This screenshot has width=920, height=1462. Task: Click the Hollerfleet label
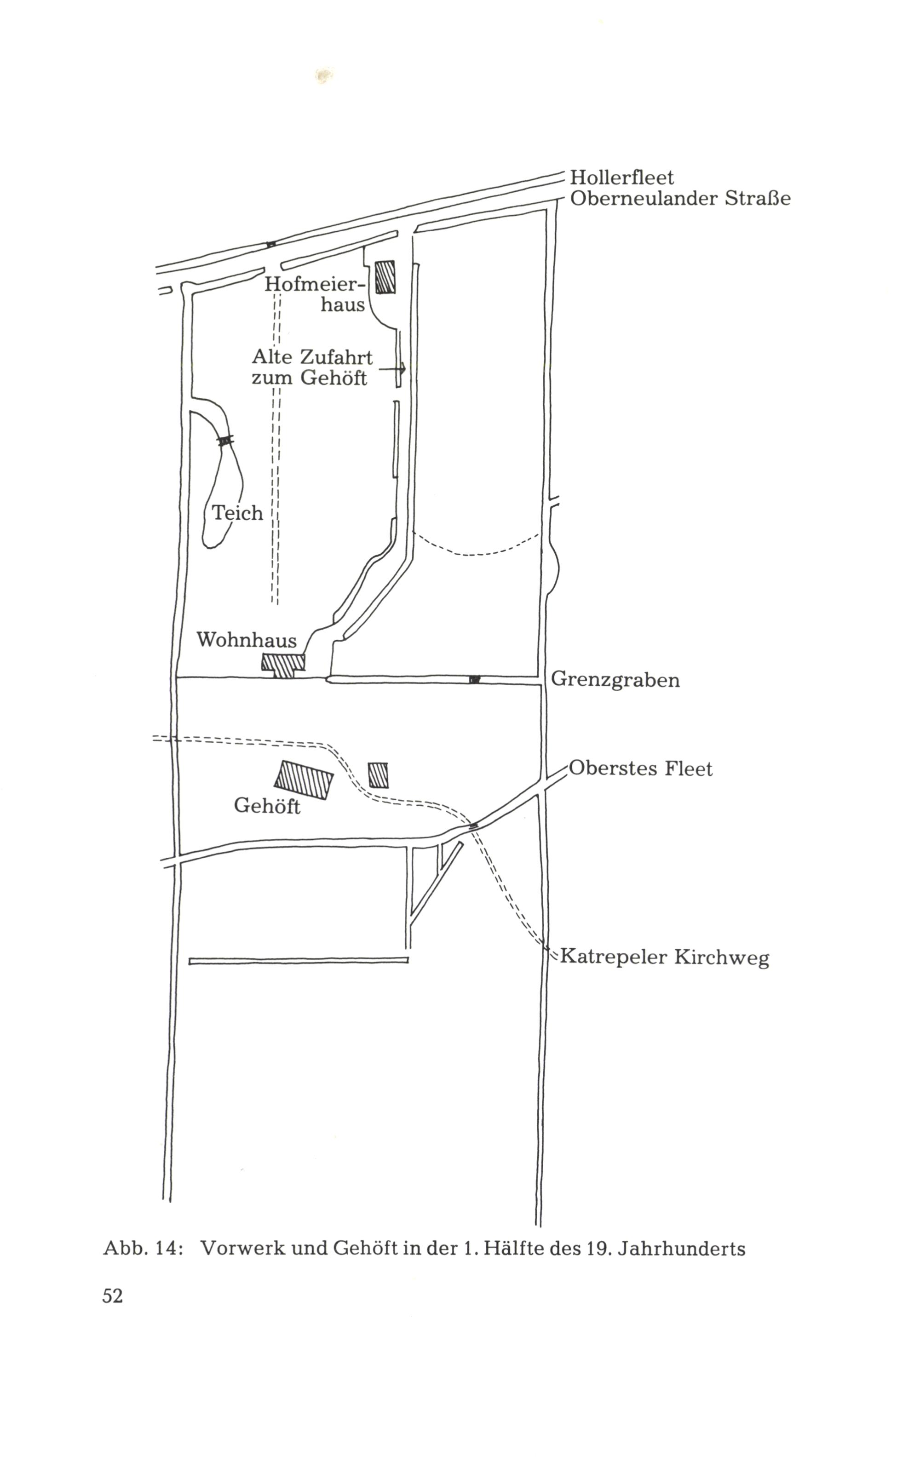(621, 177)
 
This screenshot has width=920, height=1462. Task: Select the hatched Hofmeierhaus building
(385, 277)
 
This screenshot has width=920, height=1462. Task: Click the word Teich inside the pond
(237, 513)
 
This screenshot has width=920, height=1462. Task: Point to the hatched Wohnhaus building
(283, 665)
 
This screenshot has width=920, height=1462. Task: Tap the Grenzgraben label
(615, 680)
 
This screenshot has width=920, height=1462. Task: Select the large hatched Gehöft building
(304, 780)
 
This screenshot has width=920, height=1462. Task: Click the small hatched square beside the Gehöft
(378, 775)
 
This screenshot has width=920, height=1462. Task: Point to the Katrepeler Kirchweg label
(664, 957)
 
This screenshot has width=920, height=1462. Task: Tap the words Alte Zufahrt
(312, 356)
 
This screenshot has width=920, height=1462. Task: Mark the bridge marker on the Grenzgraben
(474, 679)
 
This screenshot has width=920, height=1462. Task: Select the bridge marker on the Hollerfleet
(271, 245)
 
